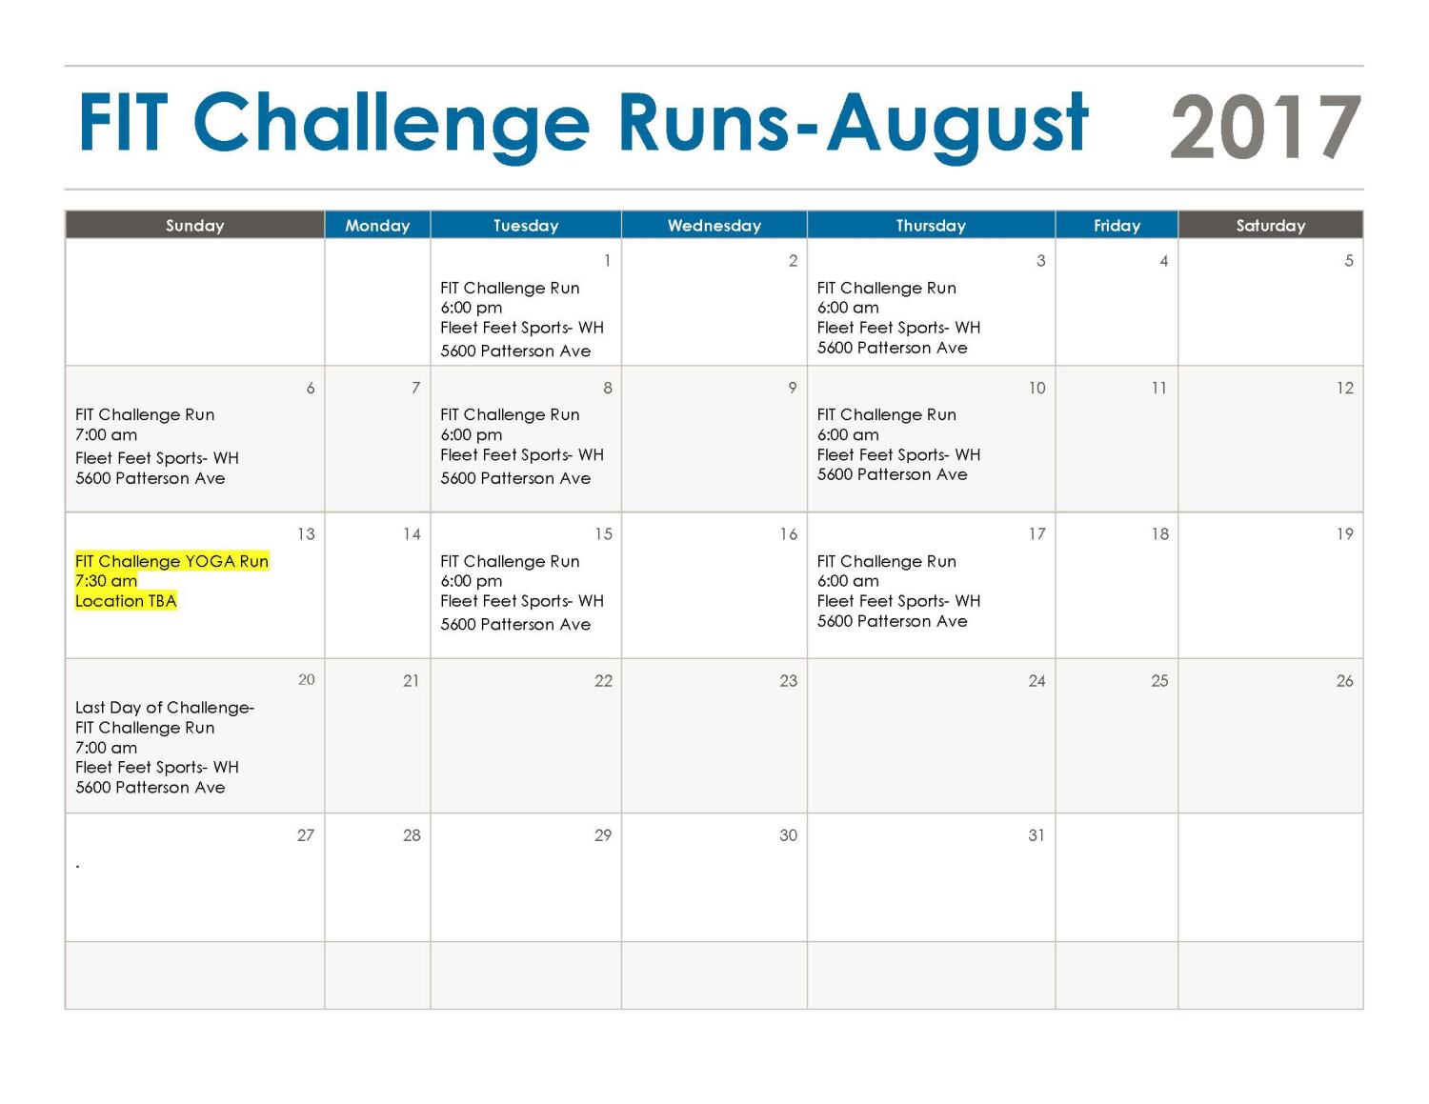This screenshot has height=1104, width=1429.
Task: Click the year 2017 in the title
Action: [x=1264, y=127]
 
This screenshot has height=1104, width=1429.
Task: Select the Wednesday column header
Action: [x=714, y=226]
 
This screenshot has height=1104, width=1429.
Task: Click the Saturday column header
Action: [x=1270, y=226]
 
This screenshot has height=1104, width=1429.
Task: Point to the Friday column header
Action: [x=1116, y=226]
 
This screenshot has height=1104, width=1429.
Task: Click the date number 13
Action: [x=306, y=534]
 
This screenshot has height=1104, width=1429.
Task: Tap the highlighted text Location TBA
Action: [x=126, y=601]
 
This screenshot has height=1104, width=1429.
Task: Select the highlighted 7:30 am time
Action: [x=106, y=581]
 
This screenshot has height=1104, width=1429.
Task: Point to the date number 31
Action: [x=1037, y=835]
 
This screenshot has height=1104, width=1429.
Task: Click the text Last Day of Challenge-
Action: [x=165, y=708]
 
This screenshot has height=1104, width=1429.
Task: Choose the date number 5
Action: [x=1349, y=260]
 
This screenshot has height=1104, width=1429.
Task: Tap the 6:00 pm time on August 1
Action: [x=471, y=308]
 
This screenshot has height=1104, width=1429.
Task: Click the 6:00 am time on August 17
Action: [x=848, y=581]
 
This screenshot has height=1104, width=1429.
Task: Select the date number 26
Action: [x=1345, y=680]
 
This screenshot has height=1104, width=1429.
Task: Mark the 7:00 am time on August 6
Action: [x=106, y=434]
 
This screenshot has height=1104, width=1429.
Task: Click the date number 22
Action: [x=603, y=680]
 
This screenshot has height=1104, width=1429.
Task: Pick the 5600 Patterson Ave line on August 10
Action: [x=892, y=474]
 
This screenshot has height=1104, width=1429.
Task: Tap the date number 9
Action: [x=793, y=388]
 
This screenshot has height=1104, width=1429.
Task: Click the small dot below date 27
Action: [x=77, y=867]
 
